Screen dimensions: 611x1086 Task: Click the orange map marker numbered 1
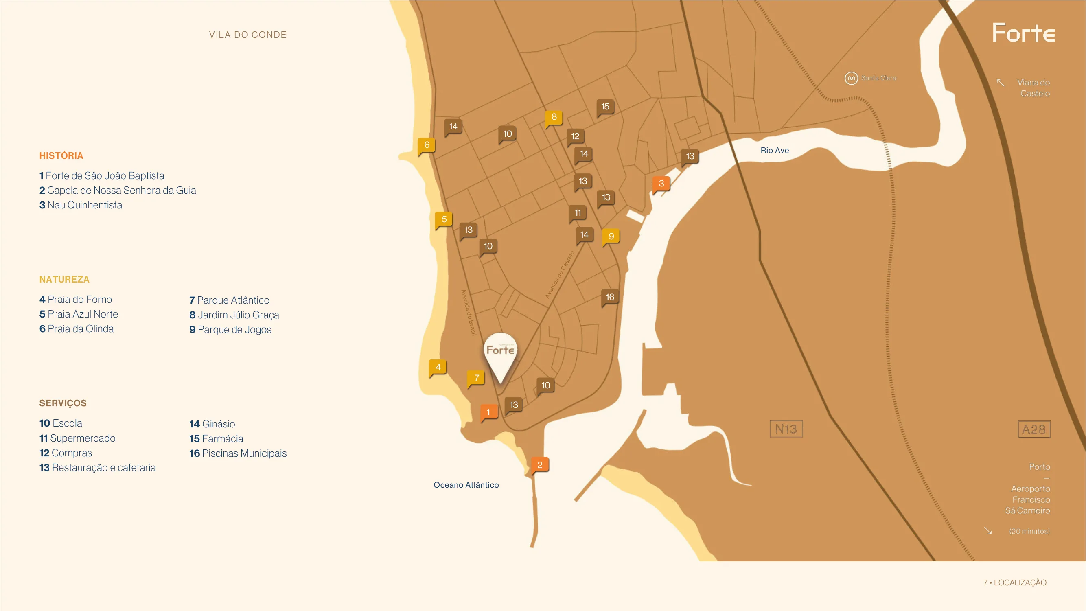[x=488, y=412]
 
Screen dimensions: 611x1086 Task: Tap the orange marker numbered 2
[x=540, y=465]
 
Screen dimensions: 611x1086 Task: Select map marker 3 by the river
[x=661, y=184]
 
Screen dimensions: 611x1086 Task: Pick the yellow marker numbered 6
[x=427, y=145]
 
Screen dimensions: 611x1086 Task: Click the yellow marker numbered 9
[x=611, y=236]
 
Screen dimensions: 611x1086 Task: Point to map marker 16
[x=610, y=297]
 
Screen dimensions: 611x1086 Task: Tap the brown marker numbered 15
[x=605, y=107]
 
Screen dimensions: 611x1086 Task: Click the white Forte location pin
[x=500, y=354]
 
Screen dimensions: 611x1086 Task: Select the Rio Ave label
[x=775, y=151]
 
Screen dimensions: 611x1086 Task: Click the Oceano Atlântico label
[x=466, y=485]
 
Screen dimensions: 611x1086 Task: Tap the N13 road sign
[x=786, y=429]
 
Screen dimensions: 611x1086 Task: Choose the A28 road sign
[x=1033, y=429]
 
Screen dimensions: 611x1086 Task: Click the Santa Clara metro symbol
[x=851, y=78]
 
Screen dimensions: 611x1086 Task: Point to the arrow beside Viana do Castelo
[x=1000, y=82]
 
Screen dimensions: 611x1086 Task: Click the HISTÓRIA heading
[x=61, y=155]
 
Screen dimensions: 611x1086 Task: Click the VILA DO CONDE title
[x=248, y=35]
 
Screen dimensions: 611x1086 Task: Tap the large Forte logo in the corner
[x=1023, y=33]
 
